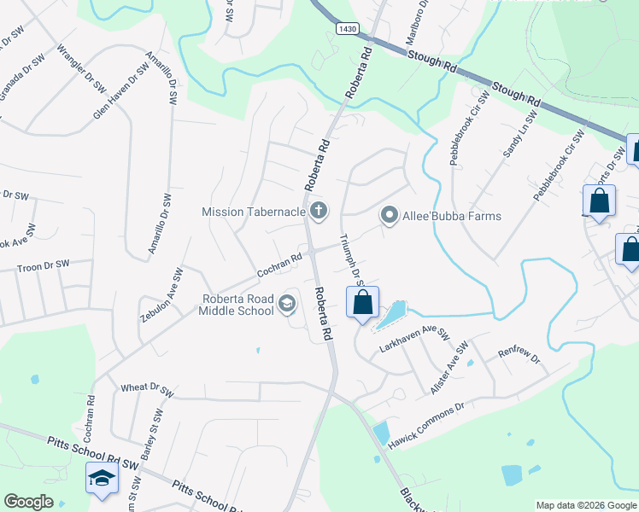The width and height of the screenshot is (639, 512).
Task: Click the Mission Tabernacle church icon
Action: [319, 211]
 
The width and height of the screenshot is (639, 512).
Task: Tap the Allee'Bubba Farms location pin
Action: [389, 216]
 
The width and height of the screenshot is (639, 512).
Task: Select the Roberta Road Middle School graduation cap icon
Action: [288, 304]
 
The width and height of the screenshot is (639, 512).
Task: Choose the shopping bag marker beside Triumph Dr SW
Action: [362, 303]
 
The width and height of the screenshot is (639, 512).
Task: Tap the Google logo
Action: [29, 502]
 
